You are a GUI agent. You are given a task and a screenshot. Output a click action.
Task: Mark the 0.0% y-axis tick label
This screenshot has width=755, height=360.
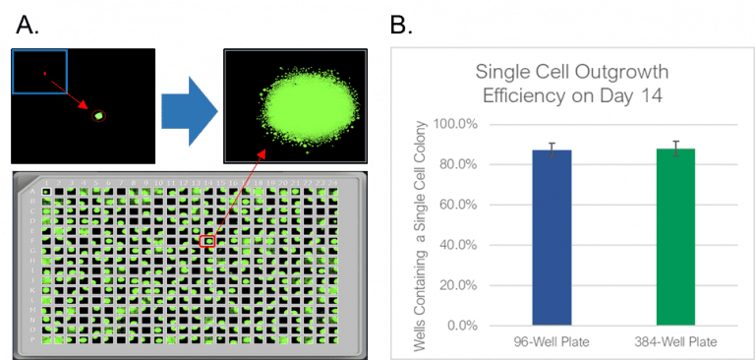click(x=458, y=326)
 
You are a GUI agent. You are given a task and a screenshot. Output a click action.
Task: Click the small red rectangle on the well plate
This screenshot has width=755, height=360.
click(x=206, y=240)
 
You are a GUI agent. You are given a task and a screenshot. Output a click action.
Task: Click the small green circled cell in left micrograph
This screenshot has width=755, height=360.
click(x=97, y=116)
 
